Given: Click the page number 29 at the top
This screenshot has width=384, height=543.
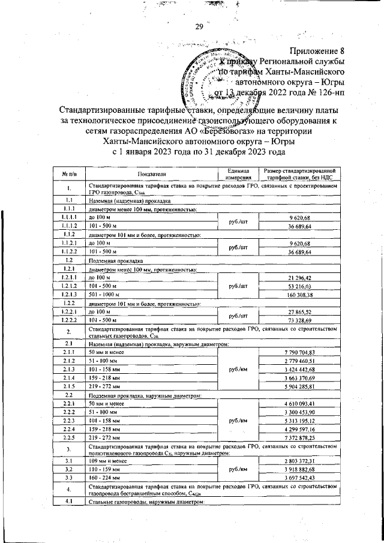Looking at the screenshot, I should [x=199, y=26].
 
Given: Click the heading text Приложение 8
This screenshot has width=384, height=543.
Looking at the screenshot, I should [x=317, y=51].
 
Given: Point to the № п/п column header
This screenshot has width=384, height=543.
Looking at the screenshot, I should [x=69, y=173].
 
